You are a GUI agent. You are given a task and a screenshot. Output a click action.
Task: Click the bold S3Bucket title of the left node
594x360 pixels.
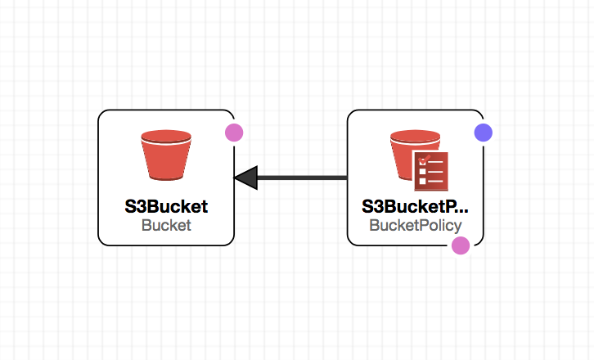pos(166,206)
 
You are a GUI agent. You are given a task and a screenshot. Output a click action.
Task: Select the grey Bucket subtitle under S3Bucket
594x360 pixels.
pos(166,226)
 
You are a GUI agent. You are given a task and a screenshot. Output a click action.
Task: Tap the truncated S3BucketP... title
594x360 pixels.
pos(415,206)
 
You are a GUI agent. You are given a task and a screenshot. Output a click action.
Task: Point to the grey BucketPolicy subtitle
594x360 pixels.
pos(416,226)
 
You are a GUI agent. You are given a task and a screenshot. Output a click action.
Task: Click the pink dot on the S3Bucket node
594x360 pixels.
pos(234,133)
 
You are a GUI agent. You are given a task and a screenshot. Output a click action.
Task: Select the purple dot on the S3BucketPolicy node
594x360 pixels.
pos(484,133)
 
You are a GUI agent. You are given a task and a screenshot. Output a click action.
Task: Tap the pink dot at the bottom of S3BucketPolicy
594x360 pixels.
pos(461,245)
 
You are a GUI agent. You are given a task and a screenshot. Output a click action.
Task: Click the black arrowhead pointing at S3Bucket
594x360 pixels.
pos(245,178)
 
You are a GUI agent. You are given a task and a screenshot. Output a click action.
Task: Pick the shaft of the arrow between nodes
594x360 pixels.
pos(302,178)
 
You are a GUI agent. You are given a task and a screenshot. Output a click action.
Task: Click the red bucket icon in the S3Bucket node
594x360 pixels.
pos(166,155)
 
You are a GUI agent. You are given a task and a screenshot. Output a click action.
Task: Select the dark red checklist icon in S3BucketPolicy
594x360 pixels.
pos(431,171)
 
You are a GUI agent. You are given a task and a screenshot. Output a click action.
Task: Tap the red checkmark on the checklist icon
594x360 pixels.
pos(424,160)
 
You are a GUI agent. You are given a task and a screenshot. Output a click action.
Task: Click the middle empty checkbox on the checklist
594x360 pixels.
pos(422,172)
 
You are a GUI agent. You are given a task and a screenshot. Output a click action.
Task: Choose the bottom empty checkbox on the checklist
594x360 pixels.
pos(422,181)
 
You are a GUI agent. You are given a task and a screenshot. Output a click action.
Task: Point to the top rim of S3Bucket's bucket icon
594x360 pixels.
pos(166,137)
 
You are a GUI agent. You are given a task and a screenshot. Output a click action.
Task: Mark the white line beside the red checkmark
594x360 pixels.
pos(435,162)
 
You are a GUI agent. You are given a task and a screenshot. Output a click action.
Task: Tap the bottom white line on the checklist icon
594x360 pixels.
pos(435,181)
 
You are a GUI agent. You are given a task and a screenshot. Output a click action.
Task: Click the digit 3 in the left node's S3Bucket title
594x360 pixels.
pos(141,206)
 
